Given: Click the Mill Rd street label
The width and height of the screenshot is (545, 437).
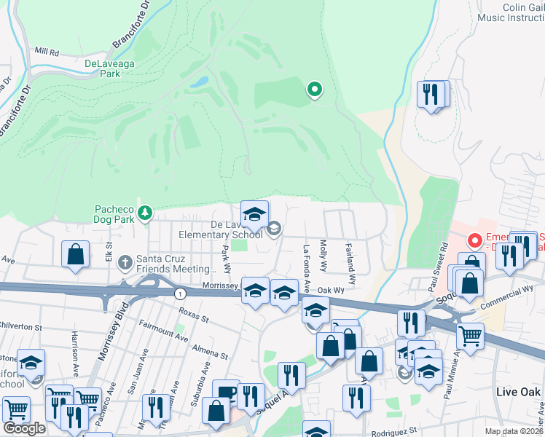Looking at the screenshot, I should pyautogui.click(x=47, y=51).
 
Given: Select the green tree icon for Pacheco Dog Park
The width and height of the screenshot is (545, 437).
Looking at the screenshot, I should pyautogui.click(x=146, y=212).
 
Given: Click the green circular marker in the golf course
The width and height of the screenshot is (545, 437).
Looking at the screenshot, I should pyautogui.click(x=315, y=90).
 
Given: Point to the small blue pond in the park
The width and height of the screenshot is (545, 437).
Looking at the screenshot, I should pyautogui.click(x=198, y=82).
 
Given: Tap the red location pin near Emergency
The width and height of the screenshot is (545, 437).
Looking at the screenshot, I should pyautogui.click(x=475, y=239).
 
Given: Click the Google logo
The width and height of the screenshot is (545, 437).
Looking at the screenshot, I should pyautogui.click(x=23, y=428).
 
